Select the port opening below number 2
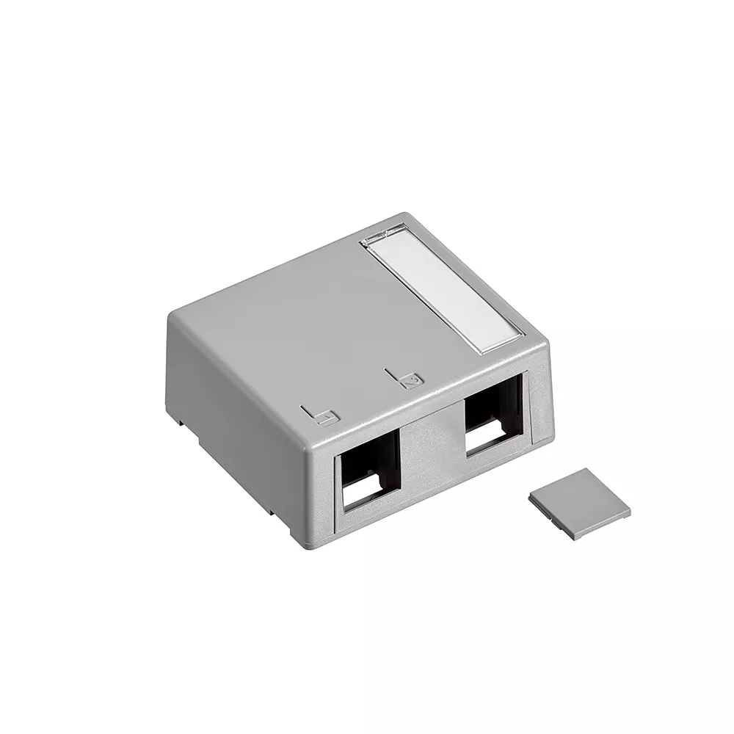(x=493, y=418)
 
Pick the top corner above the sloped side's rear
(x=173, y=312)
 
